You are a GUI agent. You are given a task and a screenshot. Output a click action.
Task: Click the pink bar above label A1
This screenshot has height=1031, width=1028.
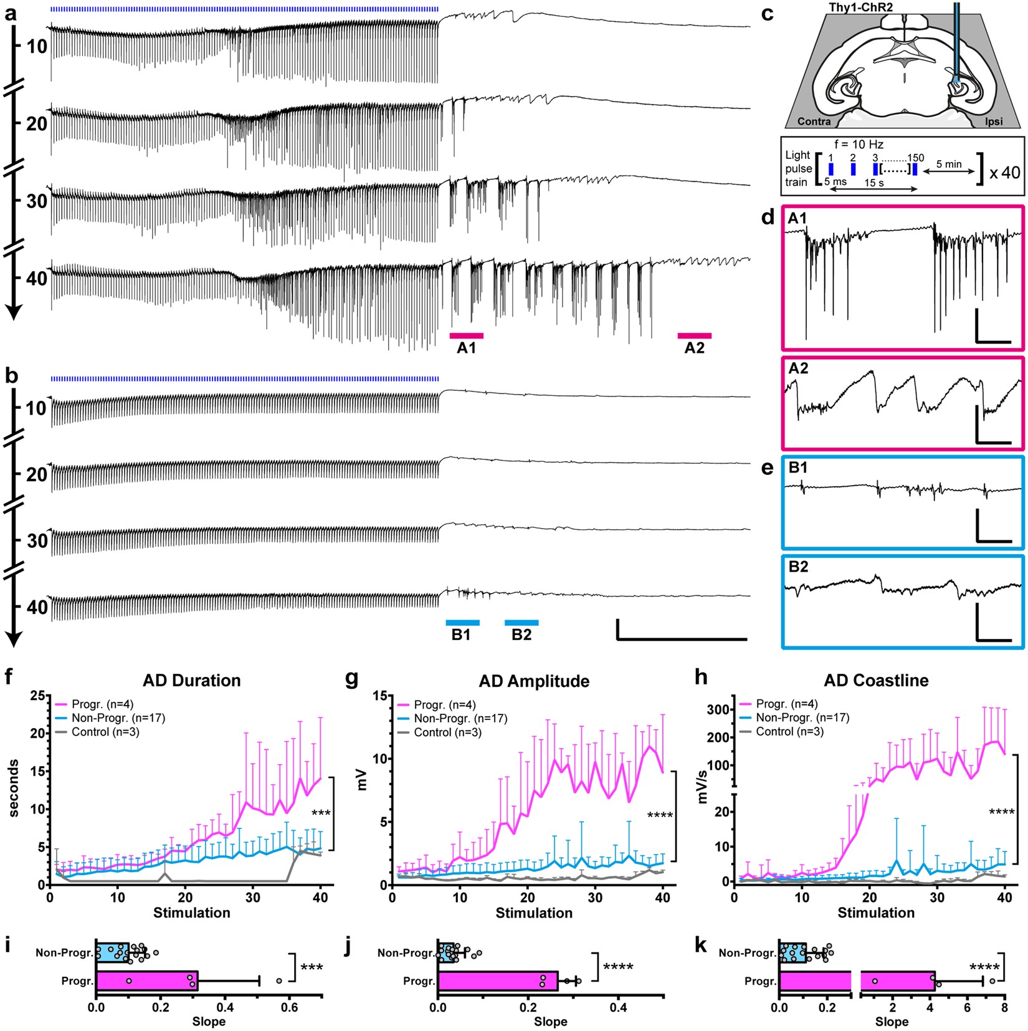pyautogui.click(x=466, y=336)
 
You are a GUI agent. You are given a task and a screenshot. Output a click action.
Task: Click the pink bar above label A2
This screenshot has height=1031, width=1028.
pyautogui.click(x=694, y=336)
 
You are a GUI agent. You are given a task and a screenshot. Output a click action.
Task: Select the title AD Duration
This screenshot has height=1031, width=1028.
pyautogui.click(x=191, y=680)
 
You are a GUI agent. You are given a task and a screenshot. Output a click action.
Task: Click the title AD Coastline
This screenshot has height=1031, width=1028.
pyautogui.click(x=876, y=680)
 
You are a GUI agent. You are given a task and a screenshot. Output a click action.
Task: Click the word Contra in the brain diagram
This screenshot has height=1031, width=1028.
pyautogui.click(x=814, y=121)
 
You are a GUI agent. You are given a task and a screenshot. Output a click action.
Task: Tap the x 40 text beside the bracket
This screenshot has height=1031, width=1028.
pyautogui.click(x=1004, y=172)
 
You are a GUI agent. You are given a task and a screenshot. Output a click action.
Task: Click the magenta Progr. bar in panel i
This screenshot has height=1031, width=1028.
pyautogui.click(x=146, y=981)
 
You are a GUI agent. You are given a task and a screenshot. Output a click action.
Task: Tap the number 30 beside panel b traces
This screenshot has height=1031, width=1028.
pyautogui.click(x=37, y=540)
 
